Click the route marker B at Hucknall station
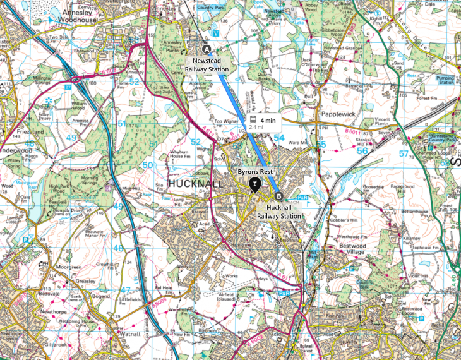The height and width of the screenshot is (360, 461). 278,195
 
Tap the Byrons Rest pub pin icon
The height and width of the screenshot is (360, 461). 254,184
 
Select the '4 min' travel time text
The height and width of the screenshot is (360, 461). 268,119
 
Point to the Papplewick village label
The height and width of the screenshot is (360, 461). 340,116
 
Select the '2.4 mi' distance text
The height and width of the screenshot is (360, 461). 256,127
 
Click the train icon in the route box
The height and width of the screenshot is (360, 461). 253,119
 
